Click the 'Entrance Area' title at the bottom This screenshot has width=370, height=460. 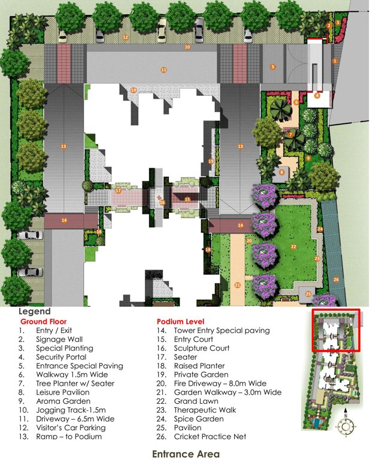click(186, 453)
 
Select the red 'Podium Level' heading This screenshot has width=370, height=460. click(180, 321)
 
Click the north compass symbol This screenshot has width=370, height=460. click(345, 426)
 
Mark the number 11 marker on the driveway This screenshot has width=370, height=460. click(163, 70)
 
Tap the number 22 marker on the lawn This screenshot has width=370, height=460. click(294, 246)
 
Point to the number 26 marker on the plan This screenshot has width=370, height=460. click(336, 280)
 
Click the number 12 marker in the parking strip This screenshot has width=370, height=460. click(126, 37)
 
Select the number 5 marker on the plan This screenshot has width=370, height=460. click(273, 66)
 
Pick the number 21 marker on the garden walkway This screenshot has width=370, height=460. click(238, 285)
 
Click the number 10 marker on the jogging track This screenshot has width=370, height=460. click(187, 47)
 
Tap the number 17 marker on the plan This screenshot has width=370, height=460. click(119, 191)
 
